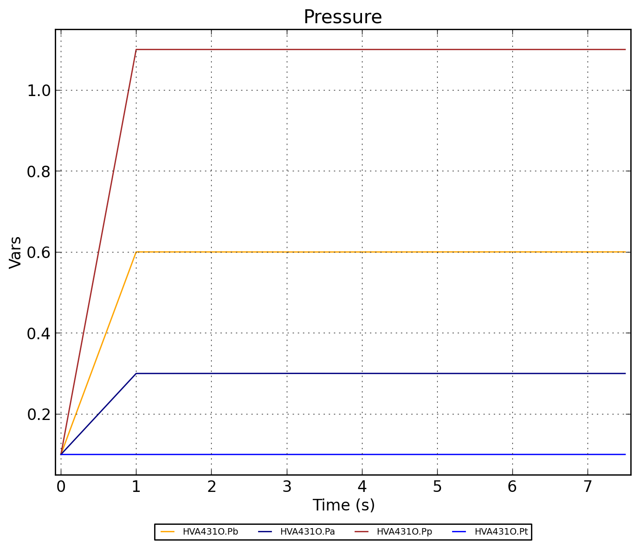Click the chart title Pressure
(x=343, y=17)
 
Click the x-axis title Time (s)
(x=343, y=505)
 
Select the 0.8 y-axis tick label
(x=39, y=171)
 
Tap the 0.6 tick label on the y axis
(x=39, y=252)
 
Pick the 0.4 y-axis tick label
(x=39, y=333)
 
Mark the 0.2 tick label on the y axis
(x=39, y=414)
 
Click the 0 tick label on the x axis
(x=61, y=487)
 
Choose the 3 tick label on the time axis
(x=287, y=487)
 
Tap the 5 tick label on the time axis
(x=437, y=487)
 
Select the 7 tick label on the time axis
(x=588, y=487)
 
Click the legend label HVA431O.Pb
(x=210, y=532)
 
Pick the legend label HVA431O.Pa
(x=307, y=532)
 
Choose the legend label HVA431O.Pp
(x=404, y=532)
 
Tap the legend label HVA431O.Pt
(x=501, y=532)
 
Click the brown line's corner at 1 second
(x=136, y=49)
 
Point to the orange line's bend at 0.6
(x=136, y=252)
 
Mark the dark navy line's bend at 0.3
(x=136, y=373)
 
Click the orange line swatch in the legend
(x=168, y=532)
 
